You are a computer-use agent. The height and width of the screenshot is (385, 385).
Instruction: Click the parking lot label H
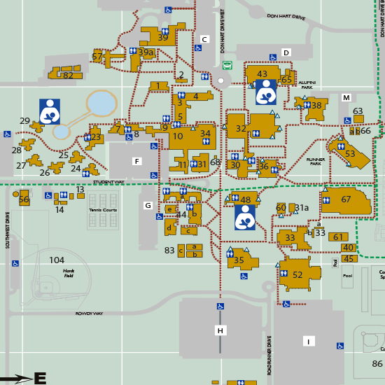tap(220, 330)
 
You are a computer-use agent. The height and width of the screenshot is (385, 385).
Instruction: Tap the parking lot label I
tap(308, 341)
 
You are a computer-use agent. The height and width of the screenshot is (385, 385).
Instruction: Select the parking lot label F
tap(137, 162)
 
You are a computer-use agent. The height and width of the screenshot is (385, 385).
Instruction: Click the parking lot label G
tap(148, 205)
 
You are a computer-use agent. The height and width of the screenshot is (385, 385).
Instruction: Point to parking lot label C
tap(204, 39)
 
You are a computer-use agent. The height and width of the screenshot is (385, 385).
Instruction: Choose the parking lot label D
tap(286, 52)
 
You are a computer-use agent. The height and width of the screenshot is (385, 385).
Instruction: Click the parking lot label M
tap(346, 97)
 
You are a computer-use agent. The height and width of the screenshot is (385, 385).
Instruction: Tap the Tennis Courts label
tap(103, 210)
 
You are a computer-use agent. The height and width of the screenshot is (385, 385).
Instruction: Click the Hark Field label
tap(69, 273)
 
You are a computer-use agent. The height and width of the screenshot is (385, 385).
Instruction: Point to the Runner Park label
tap(318, 160)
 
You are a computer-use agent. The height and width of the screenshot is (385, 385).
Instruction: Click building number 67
tap(346, 199)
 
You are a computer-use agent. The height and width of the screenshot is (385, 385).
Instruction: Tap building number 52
tap(297, 275)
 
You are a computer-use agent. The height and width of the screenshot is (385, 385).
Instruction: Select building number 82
tap(68, 76)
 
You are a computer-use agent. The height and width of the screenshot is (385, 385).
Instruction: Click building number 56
tap(24, 199)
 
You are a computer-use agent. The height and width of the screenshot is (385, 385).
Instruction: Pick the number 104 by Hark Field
tap(57, 260)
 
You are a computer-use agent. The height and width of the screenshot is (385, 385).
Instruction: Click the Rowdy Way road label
tap(89, 314)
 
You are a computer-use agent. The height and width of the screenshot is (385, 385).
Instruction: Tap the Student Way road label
tap(108, 182)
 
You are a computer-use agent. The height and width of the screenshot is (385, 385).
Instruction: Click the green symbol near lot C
tap(227, 65)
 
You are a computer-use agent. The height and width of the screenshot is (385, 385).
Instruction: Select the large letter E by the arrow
tap(40, 379)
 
